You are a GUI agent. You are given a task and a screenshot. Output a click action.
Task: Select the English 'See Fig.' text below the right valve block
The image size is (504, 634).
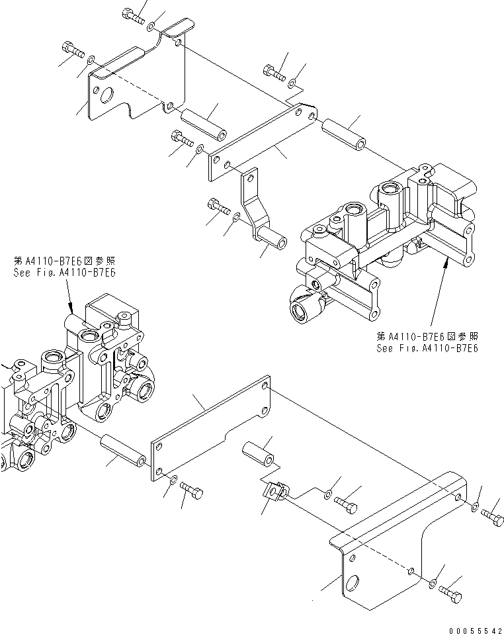point(427,348)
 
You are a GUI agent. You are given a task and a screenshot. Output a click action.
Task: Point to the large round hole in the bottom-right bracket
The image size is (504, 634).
point(352,583)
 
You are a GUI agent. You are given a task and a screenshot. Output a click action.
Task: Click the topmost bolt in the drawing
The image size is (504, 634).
point(134,17)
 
